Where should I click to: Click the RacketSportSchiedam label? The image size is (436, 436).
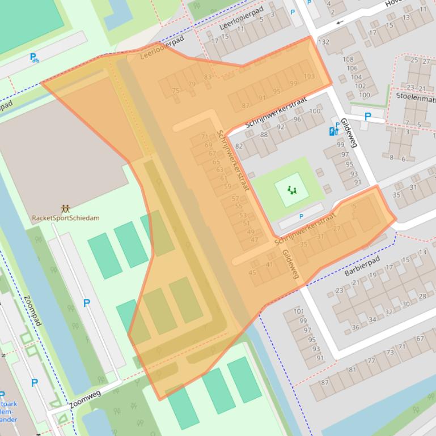pyautogui.click(x=66, y=219)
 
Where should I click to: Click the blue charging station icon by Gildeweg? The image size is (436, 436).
pyautogui.click(x=333, y=131)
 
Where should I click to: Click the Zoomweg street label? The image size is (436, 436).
pyautogui.click(x=84, y=399)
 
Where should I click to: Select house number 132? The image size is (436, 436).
pyautogui.click(x=324, y=42)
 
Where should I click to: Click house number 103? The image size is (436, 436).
pyautogui.click(x=309, y=76)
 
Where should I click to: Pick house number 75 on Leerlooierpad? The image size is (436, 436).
pyautogui.click(x=176, y=91)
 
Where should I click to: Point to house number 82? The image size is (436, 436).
pyautogui.click(x=239, y=147)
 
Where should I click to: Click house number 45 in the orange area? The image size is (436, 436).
pyautogui.click(x=252, y=273)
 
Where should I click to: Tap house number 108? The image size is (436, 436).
pyautogui.click(x=348, y=59)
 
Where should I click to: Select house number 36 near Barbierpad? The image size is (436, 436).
pyautogui.click(x=355, y=327)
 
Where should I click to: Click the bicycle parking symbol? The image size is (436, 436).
pyautogui.click(x=35, y=57)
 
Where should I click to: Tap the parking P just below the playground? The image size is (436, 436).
pyautogui.click(x=301, y=216)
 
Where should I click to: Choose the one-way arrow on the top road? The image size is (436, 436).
pyautogui.click(x=340, y=23)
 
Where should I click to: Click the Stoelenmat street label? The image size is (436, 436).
pyautogui.click(x=416, y=96)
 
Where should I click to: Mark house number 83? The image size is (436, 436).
pyautogui.click(x=208, y=78)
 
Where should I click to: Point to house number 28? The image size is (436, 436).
pyautogui.click(x=422, y=296)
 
